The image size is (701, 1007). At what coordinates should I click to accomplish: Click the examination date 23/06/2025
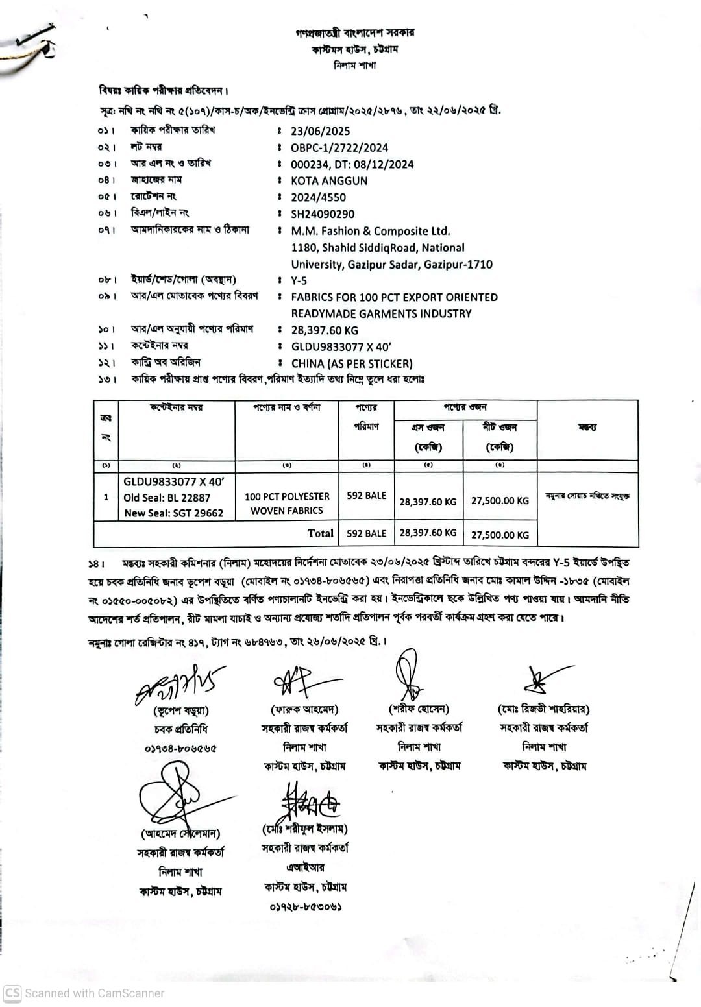[320, 131]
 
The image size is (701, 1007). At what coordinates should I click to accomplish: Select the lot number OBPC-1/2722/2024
[339, 148]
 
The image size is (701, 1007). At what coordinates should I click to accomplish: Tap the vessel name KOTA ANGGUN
[329, 181]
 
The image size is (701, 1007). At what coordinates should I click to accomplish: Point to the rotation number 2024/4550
[318, 197]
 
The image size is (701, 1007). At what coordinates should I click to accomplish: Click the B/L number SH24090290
[323, 214]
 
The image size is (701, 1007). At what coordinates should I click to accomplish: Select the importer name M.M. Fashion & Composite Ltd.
[371, 231]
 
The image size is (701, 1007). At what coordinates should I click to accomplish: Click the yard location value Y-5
[299, 281]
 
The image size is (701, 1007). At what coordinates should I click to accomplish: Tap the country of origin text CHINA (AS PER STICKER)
[352, 364]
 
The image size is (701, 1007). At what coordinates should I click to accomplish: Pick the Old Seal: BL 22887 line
[167, 498]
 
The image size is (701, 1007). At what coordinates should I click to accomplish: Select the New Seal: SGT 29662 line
[173, 513]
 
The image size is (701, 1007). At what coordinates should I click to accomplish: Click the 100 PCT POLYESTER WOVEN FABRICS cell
[287, 503]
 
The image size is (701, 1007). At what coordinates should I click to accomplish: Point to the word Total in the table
[321, 533]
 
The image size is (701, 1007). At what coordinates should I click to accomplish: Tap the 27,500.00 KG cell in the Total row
[500, 535]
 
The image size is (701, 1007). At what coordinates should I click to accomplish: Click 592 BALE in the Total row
[366, 533]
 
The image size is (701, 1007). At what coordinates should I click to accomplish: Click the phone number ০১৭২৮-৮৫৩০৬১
[306, 906]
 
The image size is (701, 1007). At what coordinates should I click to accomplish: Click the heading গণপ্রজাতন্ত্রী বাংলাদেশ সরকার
[354, 32]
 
